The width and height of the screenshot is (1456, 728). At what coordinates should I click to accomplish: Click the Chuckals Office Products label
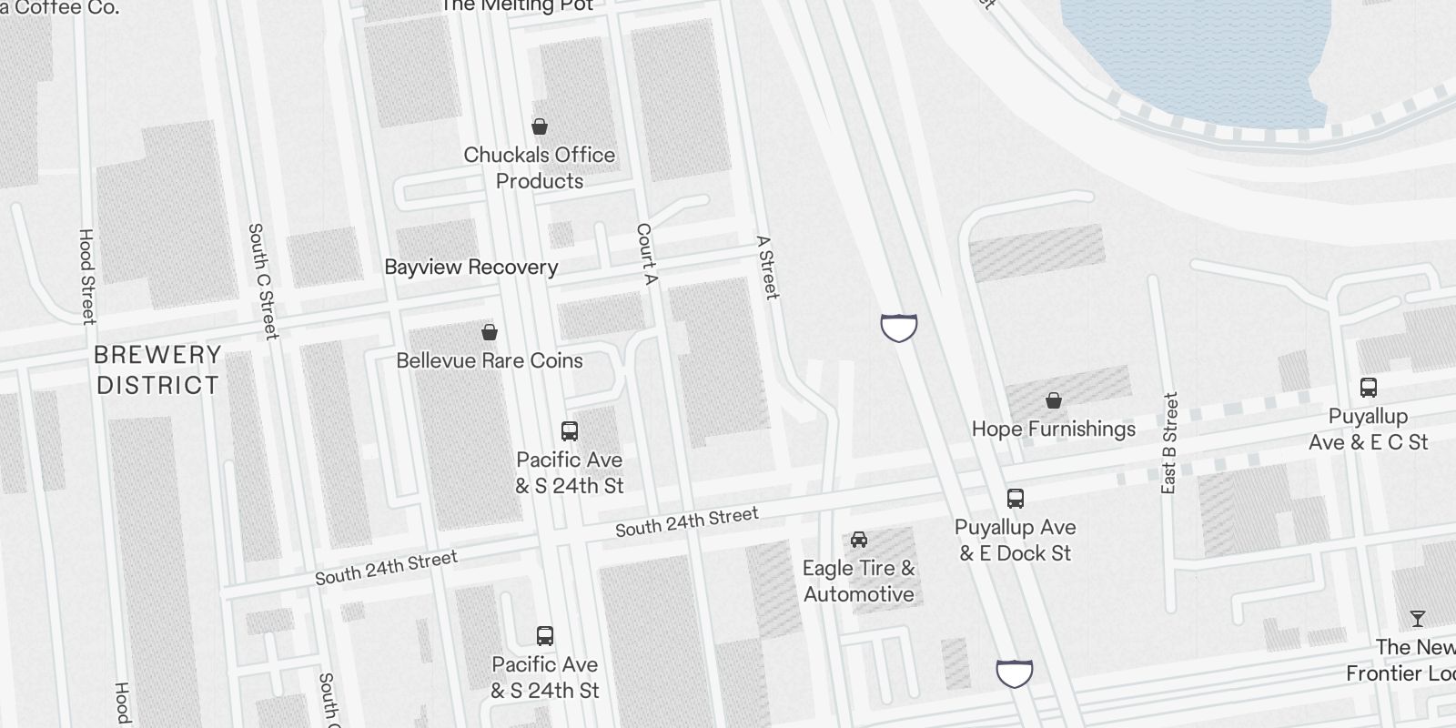point(539,167)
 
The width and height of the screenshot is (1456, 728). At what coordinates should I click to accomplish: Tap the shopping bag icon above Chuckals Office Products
point(540,126)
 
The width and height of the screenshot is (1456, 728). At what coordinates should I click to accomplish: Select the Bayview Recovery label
point(470,267)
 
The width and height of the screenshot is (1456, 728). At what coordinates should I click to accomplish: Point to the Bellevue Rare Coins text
point(490,360)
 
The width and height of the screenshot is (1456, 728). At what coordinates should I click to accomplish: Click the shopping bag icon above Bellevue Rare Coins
point(490,332)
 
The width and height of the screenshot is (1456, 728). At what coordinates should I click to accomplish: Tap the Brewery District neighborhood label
point(157,369)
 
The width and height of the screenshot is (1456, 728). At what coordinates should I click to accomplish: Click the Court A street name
point(645,254)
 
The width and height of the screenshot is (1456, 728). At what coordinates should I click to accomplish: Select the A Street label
point(768,268)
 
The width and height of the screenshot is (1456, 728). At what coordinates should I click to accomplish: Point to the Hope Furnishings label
point(1053,429)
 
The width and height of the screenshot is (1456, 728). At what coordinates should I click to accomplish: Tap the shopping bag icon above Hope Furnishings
point(1054,400)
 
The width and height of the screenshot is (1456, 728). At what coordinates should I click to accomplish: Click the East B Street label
point(1169,443)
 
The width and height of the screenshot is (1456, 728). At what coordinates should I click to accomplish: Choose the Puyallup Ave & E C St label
point(1368,430)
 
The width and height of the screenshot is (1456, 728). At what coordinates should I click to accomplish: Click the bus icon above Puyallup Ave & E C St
point(1368,388)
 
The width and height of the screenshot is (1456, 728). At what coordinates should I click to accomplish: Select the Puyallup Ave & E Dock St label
point(1015,540)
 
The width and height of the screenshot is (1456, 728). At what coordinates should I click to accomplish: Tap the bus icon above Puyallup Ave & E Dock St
point(1016,499)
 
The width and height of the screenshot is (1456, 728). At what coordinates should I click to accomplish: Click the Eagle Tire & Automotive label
point(858,581)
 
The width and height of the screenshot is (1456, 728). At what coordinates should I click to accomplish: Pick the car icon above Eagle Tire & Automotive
point(858,540)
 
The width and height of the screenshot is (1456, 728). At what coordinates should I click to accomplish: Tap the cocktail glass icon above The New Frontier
point(1417,619)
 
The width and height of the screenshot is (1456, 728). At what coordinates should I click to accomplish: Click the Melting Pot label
point(515,5)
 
